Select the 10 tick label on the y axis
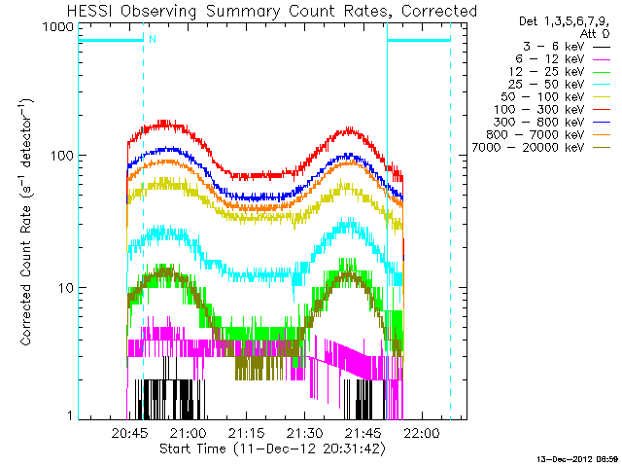pos(62,288)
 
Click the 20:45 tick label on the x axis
pos(128,433)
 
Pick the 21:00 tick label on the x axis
pos(188,433)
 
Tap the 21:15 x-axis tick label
pos(247,433)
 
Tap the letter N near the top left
pos(151,39)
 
